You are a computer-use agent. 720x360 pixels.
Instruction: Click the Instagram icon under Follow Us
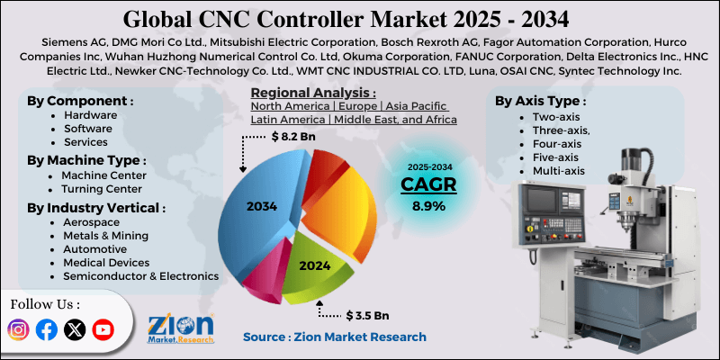pos(18,329)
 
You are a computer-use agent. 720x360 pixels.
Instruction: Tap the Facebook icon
pos(47,329)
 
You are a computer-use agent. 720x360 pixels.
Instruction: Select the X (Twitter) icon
pos(75,329)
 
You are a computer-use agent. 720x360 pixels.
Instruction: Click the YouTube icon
pos(103,329)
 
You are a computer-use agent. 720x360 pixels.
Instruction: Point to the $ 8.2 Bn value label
pos(293,137)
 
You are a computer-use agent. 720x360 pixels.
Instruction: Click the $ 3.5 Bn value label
pos(368,315)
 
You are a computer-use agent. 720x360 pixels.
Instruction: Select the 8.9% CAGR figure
pos(428,206)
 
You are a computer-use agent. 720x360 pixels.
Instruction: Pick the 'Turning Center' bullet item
pos(101,189)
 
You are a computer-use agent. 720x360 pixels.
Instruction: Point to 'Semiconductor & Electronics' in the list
pos(139,276)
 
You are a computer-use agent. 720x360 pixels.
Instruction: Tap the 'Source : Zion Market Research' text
pos(335,337)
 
